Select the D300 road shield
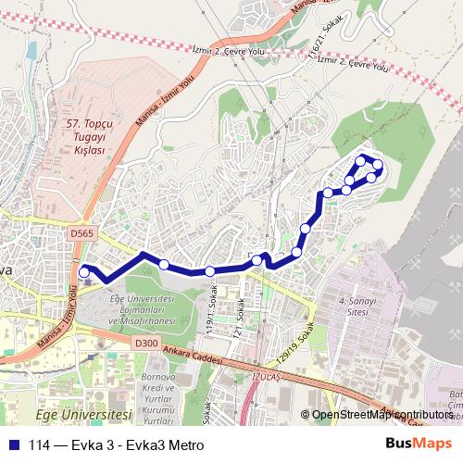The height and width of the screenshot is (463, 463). [146, 343]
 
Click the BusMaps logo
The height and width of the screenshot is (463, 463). [419, 444]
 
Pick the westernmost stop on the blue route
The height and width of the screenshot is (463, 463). [84, 272]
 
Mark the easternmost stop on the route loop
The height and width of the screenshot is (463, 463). [378, 166]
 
